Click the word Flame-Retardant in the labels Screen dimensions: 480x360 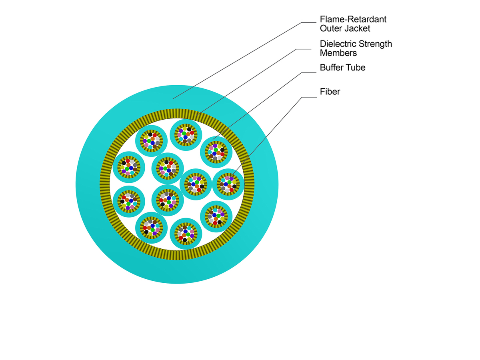[x=353, y=19]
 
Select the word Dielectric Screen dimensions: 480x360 [x=338, y=44]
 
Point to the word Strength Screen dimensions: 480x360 [x=375, y=44]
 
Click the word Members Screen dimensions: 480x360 [x=338, y=53]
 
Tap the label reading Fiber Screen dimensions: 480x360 [x=330, y=92]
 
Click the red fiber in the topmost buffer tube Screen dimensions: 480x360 [x=192, y=133]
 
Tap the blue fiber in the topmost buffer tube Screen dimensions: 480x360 [x=186, y=137]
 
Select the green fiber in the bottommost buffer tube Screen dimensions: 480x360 [x=188, y=234]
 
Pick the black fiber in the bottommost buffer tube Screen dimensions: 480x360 [x=184, y=240]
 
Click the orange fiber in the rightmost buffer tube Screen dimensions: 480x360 [x=229, y=186]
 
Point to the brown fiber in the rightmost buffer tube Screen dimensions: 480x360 [x=222, y=184]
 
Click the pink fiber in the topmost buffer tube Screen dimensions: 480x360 [x=179, y=135]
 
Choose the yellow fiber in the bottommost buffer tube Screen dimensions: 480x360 [x=189, y=239]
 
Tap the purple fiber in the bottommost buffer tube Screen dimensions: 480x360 [x=192, y=236]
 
